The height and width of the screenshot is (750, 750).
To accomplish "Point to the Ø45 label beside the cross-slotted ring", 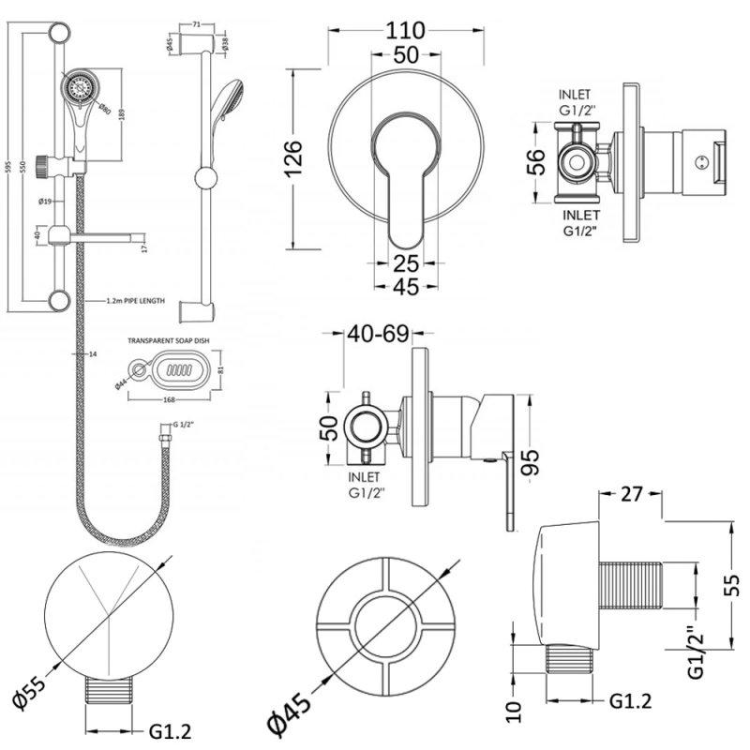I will pyautogui.click(x=289, y=713).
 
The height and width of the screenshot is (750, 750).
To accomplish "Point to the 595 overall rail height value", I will pyautogui.click(x=8, y=167).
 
